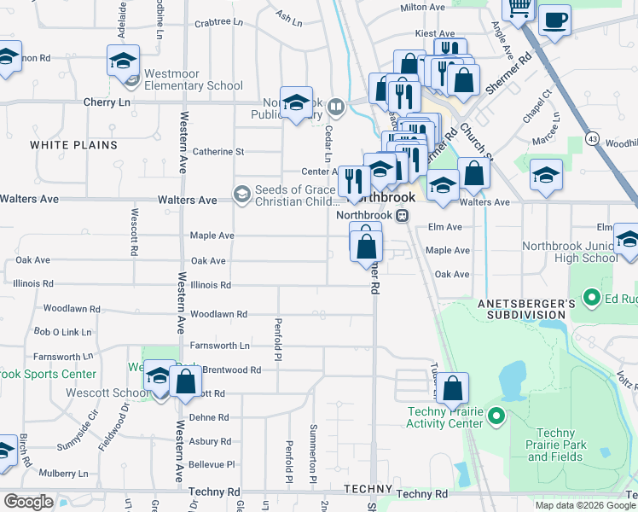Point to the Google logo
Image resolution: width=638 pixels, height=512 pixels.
pos(27,501)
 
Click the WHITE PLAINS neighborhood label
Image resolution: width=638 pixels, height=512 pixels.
pos(73,145)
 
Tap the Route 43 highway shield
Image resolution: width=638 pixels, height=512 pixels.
pos(593,137)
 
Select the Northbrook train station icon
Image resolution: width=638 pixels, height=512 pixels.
pos(405,216)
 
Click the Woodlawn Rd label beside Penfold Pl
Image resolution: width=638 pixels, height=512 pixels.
pos(218,314)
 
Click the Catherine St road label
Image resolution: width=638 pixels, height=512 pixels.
pos(218,152)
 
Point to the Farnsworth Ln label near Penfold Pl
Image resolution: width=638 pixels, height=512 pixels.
pos(220,346)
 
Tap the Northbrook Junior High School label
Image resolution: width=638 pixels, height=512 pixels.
pos(570,252)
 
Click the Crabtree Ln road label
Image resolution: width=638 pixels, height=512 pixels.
pos(213,24)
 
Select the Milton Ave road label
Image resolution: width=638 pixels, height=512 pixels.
pos(423,7)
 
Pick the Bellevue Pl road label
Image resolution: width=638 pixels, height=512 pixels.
pos(212,464)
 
